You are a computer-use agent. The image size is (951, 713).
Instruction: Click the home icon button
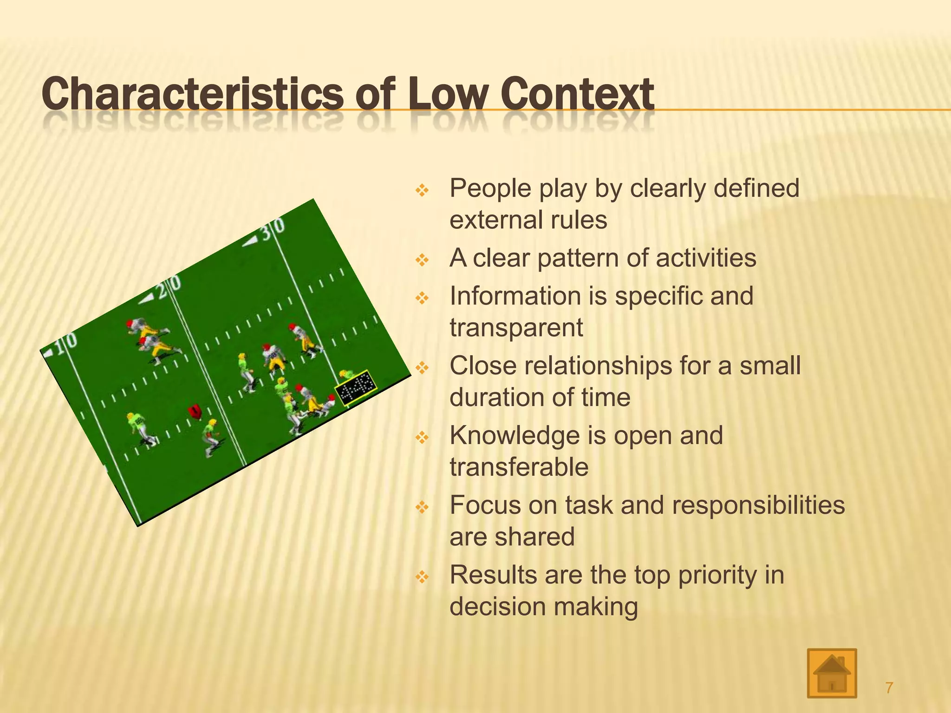[x=832, y=673]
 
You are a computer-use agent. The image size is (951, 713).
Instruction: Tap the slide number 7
[x=889, y=687]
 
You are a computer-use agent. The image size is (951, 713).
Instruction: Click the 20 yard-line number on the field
[x=167, y=288]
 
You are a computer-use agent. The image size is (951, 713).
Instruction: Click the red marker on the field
[x=195, y=411]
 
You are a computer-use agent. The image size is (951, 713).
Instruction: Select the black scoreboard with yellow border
[x=356, y=388]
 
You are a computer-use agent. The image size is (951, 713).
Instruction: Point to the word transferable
[x=519, y=467]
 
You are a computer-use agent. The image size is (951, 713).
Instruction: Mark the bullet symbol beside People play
[x=422, y=190]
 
